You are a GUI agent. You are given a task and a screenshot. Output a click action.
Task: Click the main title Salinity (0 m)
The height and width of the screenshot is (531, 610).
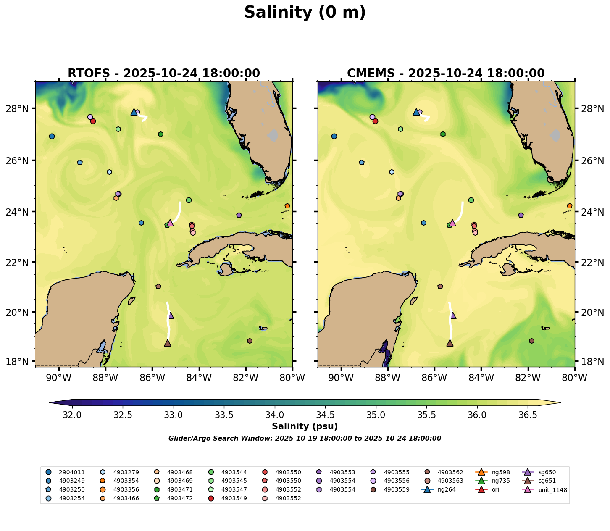click(305, 13)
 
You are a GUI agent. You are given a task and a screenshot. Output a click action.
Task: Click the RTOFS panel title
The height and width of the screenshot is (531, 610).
click(164, 74)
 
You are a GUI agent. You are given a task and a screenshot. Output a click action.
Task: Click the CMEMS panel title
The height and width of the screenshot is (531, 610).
click(446, 74)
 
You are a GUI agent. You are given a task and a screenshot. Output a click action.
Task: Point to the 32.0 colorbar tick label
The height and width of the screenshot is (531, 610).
click(72, 415)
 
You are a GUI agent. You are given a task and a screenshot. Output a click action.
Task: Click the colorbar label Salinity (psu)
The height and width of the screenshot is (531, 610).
click(305, 427)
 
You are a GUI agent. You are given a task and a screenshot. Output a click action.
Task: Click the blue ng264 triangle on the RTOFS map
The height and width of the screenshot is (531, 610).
click(134, 112)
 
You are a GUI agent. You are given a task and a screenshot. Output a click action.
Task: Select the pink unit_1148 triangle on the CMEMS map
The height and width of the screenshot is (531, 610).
click(452, 223)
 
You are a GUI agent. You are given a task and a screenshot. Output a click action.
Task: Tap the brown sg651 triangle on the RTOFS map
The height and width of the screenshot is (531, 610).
click(168, 343)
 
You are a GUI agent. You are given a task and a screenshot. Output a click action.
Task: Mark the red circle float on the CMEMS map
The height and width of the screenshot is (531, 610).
click(376, 121)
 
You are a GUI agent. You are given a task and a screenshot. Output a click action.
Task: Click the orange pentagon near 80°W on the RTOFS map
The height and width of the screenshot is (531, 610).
click(287, 206)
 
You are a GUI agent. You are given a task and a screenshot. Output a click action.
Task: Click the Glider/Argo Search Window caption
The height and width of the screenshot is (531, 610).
click(305, 439)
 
